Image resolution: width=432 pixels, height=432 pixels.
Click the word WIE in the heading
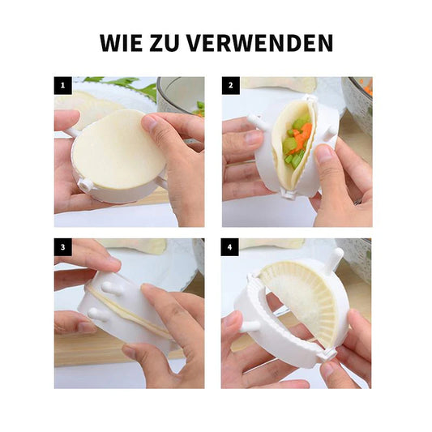tap(122, 43)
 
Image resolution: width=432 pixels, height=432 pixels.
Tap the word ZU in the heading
tap(165, 43)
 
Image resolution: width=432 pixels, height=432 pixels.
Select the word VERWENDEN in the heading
tap(260, 43)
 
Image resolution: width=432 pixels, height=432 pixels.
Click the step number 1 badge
tap(63, 85)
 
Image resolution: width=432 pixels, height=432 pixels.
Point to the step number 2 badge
tap(231, 85)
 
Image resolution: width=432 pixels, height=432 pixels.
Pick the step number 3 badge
tap(63, 247)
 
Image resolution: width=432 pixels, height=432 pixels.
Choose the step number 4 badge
tap(229, 247)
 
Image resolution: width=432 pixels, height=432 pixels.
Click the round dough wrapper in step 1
tap(118, 150)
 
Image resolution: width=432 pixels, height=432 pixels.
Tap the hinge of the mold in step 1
tap(85, 185)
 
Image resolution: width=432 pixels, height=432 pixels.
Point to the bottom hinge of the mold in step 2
tap(289, 194)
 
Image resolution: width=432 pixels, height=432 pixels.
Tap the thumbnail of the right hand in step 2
tap(324, 154)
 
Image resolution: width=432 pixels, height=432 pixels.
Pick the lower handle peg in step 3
tap(98, 314)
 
